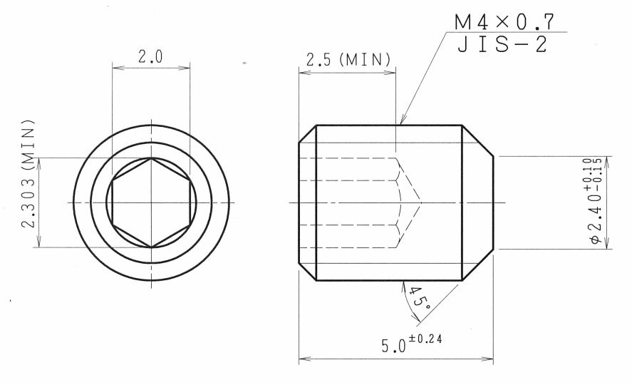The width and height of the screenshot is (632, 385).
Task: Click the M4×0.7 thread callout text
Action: (504, 22)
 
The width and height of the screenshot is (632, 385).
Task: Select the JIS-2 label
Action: (502, 44)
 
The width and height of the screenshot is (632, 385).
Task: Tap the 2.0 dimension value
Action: (150, 57)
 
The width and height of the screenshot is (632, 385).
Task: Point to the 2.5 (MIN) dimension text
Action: (348, 60)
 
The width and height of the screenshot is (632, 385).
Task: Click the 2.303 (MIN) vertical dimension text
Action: (29, 174)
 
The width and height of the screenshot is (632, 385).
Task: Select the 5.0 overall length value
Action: (394, 346)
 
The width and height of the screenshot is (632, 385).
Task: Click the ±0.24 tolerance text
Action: (425, 339)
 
